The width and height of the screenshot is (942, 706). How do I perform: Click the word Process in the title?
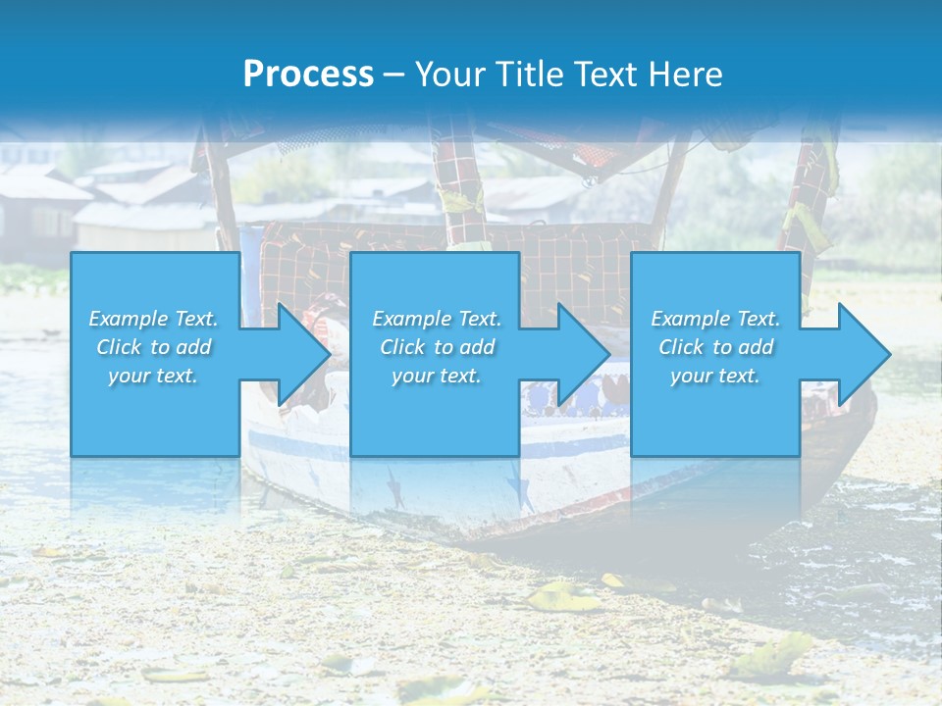(308, 75)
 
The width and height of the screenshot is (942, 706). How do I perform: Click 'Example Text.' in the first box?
(153, 319)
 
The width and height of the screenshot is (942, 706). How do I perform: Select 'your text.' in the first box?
(153, 376)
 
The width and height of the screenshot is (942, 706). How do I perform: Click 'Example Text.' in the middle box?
(437, 319)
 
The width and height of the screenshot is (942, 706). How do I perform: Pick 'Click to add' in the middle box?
(437, 347)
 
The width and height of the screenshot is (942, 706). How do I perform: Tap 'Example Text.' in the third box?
(715, 319)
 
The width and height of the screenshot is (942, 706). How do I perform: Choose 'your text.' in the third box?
(715, 376)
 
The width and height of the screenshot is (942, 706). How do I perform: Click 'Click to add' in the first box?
(153, 347)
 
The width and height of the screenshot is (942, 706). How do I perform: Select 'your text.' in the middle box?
(437, 376)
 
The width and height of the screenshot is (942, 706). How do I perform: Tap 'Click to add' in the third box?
(715, 347)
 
